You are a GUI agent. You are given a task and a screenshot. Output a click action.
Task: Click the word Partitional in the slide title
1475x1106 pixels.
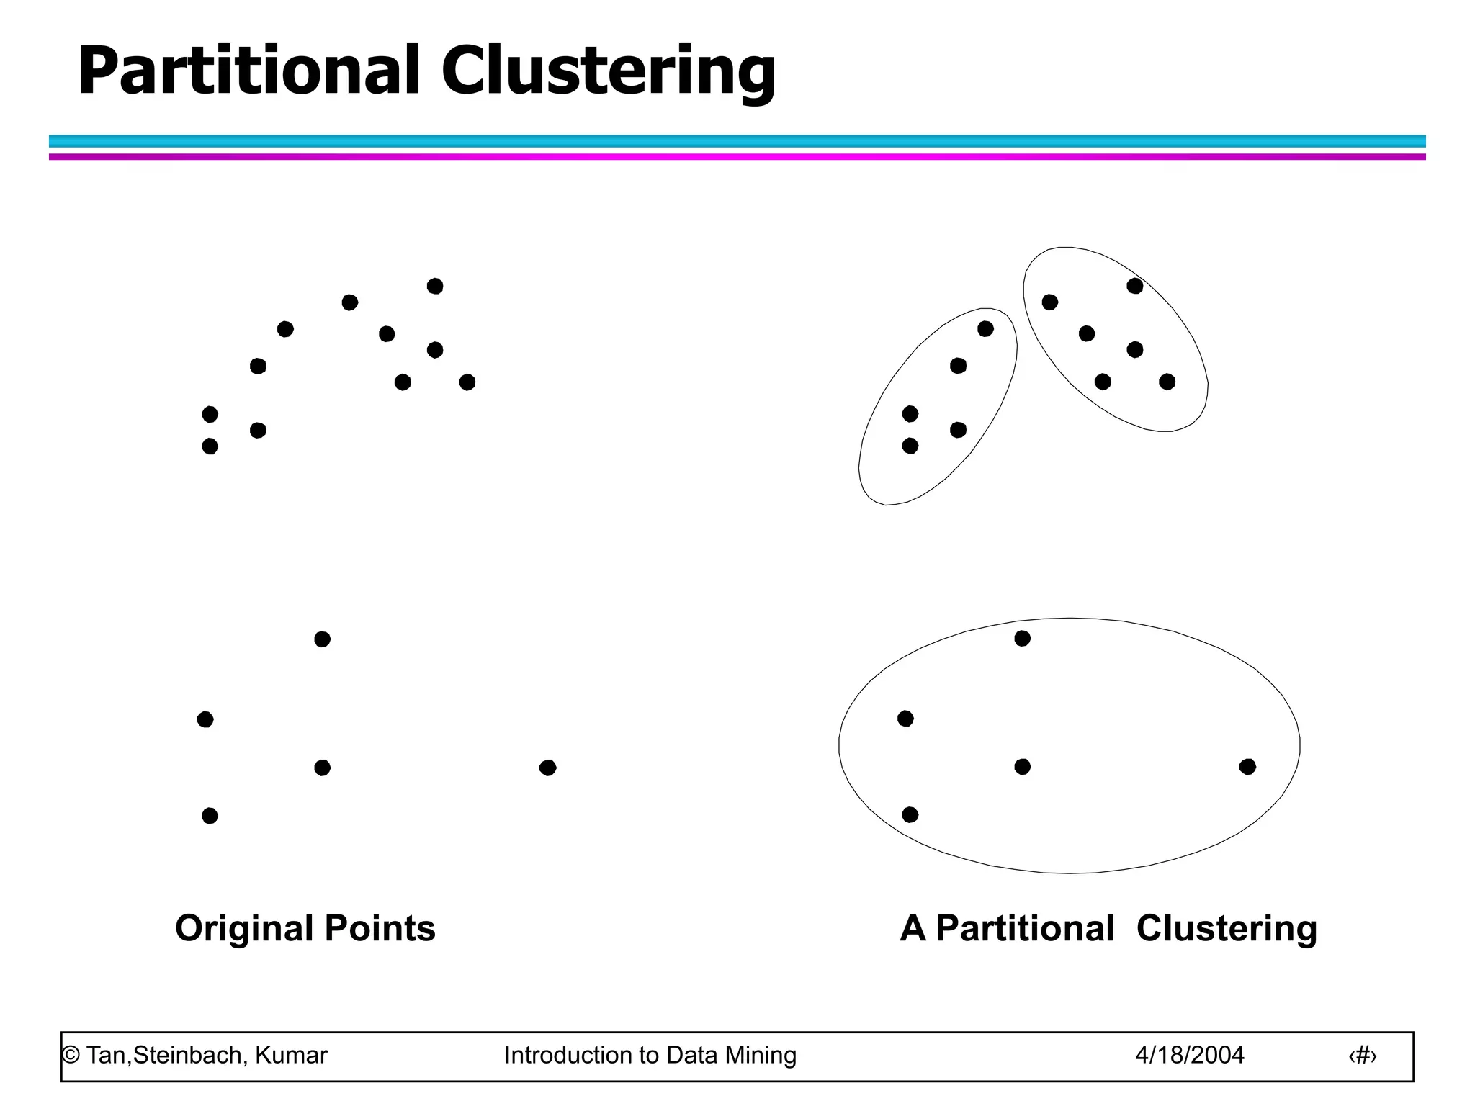click(x=248, y=71)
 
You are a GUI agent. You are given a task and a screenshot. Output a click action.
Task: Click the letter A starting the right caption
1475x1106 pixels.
click(x=913, y=929)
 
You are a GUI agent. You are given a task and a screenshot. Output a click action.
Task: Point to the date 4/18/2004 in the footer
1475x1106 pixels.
click(x=1189, y=1055)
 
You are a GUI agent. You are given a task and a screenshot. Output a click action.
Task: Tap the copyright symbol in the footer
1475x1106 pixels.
click(x=70, y=1056)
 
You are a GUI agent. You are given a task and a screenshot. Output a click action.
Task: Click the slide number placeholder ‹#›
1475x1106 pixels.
click(x=1362, y=1056)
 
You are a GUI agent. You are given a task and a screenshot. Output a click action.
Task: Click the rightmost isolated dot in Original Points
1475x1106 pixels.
click(x=547, y=768)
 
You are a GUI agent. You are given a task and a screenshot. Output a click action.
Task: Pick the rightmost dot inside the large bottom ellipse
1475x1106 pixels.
click(x=1247, y=767)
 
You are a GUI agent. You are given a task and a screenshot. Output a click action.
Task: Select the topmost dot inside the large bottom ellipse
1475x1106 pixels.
click(x=1022, y=638)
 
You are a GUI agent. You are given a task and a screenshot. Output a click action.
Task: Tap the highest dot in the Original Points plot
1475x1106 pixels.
click(x=435, y=287)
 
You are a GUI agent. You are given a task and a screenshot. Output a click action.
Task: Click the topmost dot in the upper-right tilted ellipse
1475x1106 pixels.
click(x=1135, y=286)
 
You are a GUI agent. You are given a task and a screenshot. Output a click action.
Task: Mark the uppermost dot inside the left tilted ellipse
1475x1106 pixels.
click(x=985, y=329)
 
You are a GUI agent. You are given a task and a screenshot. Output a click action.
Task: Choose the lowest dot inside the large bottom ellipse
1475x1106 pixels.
click(x=910, y=814)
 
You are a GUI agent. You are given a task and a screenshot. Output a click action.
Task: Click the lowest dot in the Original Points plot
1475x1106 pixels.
click(x=210, y=816)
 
